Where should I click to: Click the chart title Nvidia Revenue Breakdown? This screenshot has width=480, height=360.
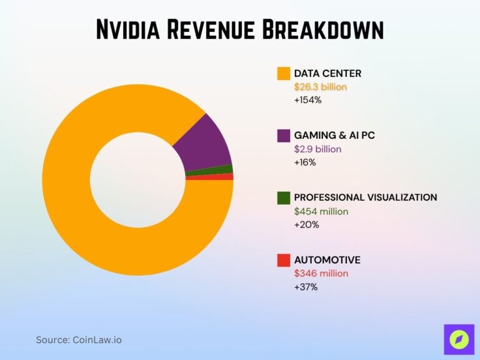click(x=240, y=29)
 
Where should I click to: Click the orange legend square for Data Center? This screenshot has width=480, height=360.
click(x=284, y=74)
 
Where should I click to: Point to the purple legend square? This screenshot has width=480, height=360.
click(x=284, y=136)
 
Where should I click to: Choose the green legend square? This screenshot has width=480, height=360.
click(x=284, y=197)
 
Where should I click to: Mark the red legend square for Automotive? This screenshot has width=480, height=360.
click(x=284, y=260)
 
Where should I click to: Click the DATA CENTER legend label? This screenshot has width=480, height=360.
click(x=327, y=74)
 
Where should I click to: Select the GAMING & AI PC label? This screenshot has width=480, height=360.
click(x=334, y=136)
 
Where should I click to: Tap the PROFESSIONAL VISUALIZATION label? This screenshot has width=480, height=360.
click(x=366, y=197)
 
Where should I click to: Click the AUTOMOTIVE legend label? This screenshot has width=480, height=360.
click(x=327, y=260)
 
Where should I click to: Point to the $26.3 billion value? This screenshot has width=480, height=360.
click(x=321, y=87)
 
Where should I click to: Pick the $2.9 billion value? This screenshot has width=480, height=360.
click(x=318, y=149)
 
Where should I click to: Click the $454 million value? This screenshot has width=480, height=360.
click(x=321, y=211)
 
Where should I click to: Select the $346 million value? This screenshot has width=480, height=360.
click(x=321, y=273)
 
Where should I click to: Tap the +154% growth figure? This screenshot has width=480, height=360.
click(x=307, y=100)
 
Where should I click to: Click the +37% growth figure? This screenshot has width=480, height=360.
click(x=306, y=287)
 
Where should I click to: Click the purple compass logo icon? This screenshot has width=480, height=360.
click(x=459, y=339)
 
